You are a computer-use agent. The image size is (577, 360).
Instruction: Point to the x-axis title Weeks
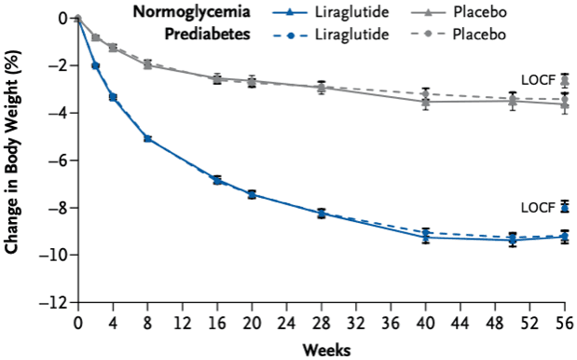coord(325,350)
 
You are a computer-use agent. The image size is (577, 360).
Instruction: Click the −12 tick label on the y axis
coord(55,303)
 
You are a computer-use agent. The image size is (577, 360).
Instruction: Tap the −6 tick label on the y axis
coord(59,160)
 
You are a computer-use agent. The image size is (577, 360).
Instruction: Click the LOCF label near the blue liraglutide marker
coord(538,207)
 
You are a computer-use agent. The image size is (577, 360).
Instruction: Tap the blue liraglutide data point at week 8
coord(147,138)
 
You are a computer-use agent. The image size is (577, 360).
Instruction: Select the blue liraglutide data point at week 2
coord(95,65)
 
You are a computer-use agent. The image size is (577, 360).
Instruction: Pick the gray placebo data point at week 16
coord(217,79)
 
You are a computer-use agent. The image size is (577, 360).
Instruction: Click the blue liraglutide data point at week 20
coord(252,194)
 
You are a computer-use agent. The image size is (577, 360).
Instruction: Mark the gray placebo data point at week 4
coord(113,47)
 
